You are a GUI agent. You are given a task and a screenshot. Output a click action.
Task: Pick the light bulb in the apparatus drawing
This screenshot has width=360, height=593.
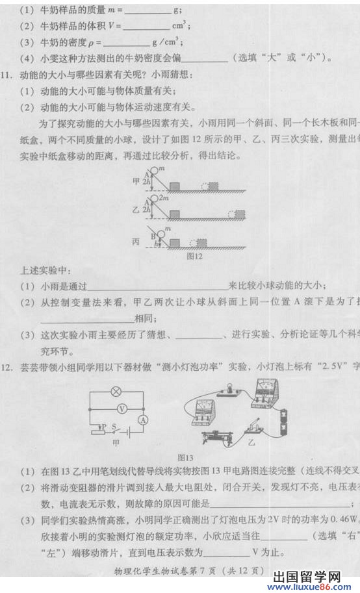pyautogui.click(x=228, y=388)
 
